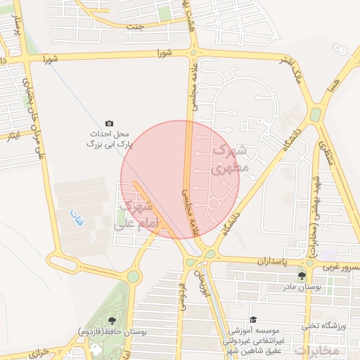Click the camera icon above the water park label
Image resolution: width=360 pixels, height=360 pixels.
click(109, 123)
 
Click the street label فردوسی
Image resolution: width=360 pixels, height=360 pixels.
click(182, 296)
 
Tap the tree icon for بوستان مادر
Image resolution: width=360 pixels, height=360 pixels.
click(301, 276)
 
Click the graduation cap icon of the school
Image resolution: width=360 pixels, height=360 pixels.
click(252, 320)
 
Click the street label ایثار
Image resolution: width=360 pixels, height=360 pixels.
click(13, 134)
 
